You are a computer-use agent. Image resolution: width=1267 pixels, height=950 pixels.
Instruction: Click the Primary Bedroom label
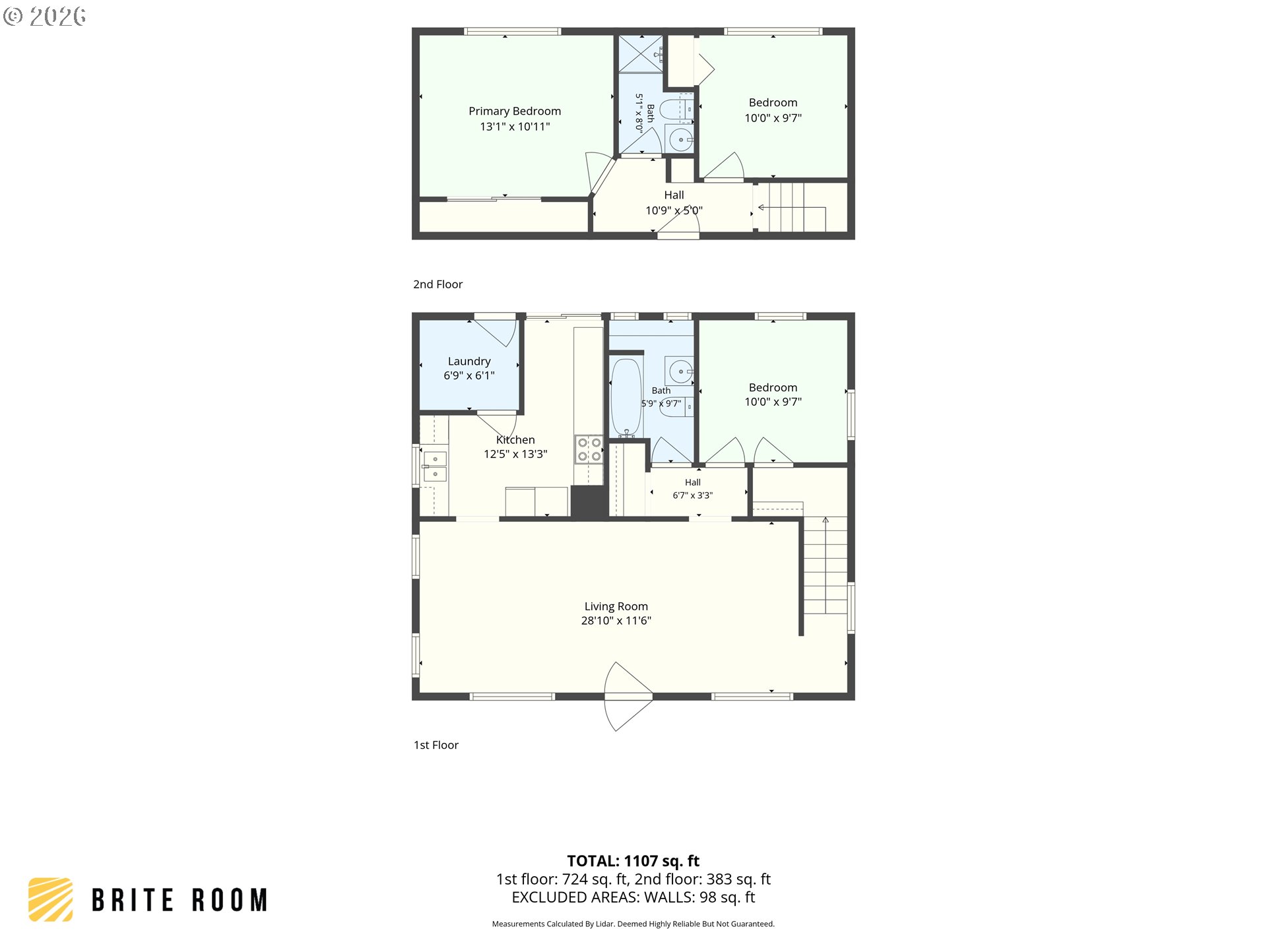(515, 111)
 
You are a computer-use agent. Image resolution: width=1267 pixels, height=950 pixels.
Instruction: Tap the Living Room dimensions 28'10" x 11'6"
(616, 620)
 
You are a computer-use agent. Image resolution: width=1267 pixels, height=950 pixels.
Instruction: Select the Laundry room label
(469, 361)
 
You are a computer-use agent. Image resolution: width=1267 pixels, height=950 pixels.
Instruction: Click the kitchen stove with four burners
(589, 449)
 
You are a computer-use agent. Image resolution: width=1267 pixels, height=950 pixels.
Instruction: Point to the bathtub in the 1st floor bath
(626, 398)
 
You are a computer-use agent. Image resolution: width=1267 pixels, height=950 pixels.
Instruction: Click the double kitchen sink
(434, 466)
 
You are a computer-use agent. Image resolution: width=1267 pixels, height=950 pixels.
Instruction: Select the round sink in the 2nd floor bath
(680, 140)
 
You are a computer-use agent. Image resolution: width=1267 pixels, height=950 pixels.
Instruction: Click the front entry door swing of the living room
(629, 696)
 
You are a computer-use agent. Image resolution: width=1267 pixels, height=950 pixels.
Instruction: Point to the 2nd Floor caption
(438, 284)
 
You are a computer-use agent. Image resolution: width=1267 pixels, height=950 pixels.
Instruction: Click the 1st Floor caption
(436, 745)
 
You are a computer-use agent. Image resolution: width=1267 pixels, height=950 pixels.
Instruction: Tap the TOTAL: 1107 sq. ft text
(633, 861)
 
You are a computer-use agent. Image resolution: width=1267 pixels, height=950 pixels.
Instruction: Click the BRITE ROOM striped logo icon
(50, 899)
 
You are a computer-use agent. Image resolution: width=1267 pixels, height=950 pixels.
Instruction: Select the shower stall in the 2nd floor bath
(640, 53)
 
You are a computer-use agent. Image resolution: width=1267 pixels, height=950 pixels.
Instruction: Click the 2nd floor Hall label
(674, 195)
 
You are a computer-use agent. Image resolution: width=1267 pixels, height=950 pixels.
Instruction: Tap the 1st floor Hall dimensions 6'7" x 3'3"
(692, 495)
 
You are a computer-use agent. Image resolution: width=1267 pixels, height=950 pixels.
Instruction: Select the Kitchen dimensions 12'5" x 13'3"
(515, 454)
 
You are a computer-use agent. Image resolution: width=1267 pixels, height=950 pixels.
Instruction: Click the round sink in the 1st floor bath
(680, 371)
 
